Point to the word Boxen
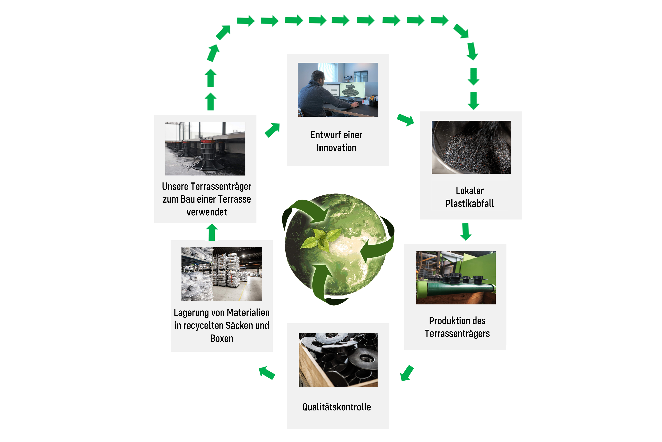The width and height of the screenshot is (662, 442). (222, 338)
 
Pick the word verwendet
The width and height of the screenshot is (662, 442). (207, 212)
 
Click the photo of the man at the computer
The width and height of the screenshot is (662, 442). (338, 90)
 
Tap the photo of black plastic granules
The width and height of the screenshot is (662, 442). (471, 147)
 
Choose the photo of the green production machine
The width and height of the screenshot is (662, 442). (456, 278)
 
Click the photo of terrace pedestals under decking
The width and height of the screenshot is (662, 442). (205, 149)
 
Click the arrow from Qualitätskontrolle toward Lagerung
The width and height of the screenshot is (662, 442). (267, 373)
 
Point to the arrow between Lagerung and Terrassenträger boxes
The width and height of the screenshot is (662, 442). (212, 232)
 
